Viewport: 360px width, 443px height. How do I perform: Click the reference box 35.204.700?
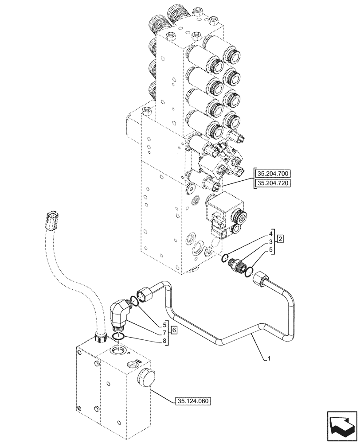pos(273,173)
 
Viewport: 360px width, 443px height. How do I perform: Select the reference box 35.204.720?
pos(273,183)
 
